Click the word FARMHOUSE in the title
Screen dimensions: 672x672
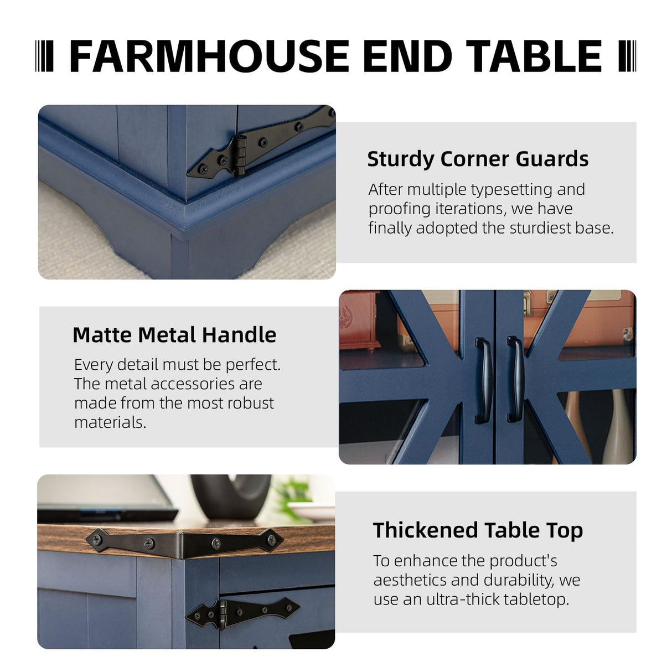[x=209, y=56]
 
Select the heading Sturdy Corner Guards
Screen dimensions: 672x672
[x=478, y=159]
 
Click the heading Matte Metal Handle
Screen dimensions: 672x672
[x=174, y=335]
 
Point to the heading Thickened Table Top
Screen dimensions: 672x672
[x=478, y=530]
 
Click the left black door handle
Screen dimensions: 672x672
[x=484, y=380]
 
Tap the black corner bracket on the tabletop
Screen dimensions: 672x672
[x=185, y=541]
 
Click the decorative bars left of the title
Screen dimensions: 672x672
[x=44, y=56]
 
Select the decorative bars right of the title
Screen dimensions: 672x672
[x=627, y=56]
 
